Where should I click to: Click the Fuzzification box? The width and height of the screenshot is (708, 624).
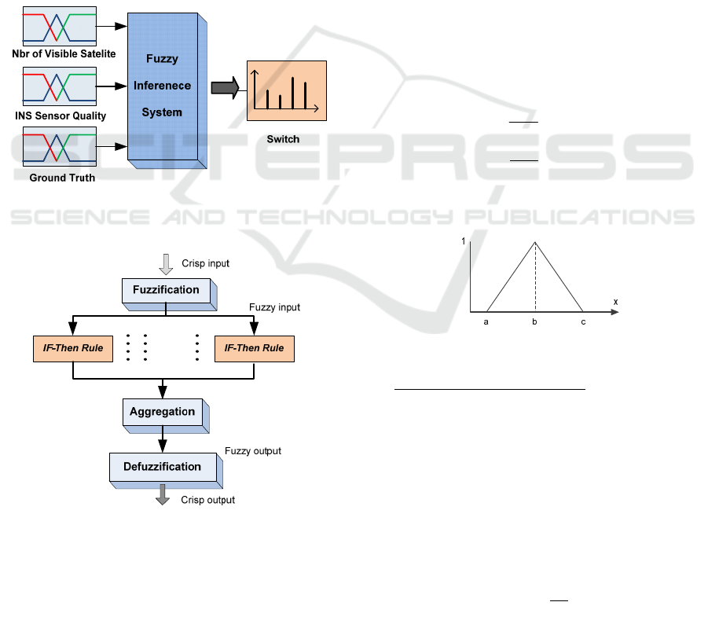click(166, 290)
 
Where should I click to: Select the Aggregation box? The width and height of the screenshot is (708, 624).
click(163, 411)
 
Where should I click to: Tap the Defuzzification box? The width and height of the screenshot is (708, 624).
click(162, 467)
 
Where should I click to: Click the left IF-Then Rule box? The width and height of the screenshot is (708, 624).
click(72, 348)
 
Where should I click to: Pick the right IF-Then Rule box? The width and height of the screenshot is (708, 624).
click(254, 348)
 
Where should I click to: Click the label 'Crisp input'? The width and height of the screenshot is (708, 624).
click(205, 263)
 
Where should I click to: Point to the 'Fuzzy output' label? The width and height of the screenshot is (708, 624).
click(253, 451)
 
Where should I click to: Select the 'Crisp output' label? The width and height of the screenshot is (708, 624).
click(207, 500)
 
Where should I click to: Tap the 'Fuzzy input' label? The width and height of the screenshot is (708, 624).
click(274, 307)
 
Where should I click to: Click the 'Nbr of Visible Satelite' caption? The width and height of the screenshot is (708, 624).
click(64, 53)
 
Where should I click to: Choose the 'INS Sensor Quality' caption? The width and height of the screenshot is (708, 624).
click(61, 116)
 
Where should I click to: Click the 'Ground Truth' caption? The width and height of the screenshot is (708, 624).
click(62, 178)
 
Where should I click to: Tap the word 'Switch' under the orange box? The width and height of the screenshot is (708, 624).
click(283, 139)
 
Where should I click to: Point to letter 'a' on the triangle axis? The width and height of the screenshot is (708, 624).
click(487, 321)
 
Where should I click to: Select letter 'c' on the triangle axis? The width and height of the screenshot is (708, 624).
click(583, 321)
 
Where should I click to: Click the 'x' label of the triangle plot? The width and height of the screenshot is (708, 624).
click(616, 302)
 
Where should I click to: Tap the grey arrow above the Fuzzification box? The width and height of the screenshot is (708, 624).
click(166, 264)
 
